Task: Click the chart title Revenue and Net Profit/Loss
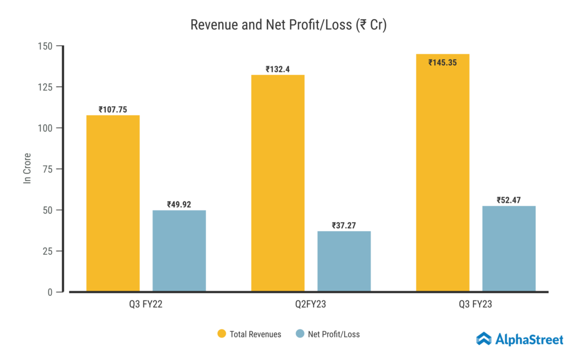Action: (288, 25)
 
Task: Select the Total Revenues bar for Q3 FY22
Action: (113, 203)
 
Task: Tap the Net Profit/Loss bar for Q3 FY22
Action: (179, 251)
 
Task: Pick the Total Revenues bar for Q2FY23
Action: (278, 183)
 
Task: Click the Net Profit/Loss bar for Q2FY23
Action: (344, 261)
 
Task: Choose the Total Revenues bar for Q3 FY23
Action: (443, 173)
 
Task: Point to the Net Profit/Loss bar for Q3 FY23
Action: (508, 249)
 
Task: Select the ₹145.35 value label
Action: (442, 62)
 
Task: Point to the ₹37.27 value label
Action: (344, 226)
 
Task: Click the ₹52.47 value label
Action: (508, 200)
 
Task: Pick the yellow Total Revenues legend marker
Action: (222, 334)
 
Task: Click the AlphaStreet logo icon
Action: (484, 339)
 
